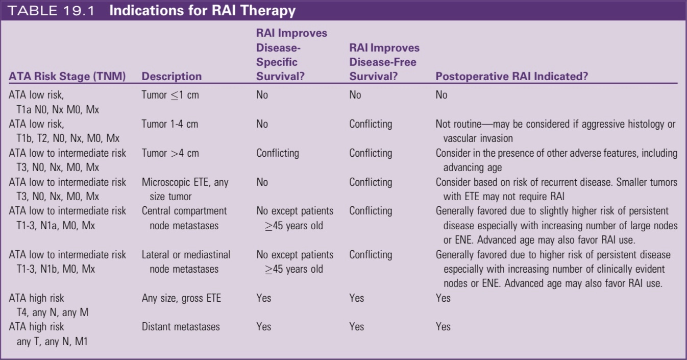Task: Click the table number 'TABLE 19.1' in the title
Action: click(52, 11)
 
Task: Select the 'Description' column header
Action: click(171, 77)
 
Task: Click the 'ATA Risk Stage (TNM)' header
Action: click(67, 77)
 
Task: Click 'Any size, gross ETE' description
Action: click(181, 298)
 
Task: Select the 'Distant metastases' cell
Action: click(181, 327)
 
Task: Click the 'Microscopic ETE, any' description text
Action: click(185, 182)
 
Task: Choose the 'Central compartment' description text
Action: click(184, 211)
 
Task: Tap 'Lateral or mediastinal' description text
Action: click(186, 255)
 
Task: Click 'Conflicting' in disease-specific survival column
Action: click(277, 153)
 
